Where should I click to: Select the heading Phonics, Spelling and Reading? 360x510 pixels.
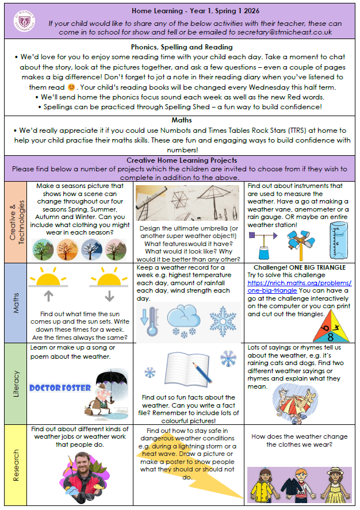(181, 47)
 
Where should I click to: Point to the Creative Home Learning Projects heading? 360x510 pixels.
(181, 160)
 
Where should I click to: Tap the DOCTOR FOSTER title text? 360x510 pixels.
(60, 388)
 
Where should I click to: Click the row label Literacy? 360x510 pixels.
(16, 383)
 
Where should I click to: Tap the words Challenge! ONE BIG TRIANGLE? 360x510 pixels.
(300, 268)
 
